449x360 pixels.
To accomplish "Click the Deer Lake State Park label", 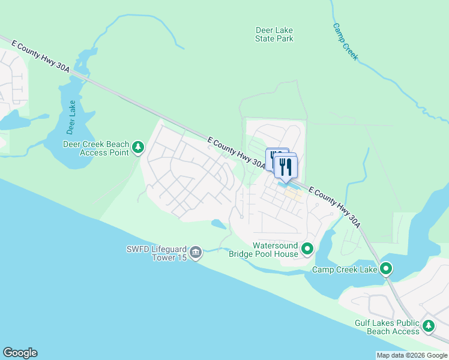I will (274, 34).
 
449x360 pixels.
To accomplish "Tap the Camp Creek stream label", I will (345, 41).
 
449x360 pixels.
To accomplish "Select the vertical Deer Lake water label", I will (72, 116).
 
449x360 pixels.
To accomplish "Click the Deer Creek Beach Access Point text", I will (96, 148).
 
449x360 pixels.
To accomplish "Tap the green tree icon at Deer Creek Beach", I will (138, 148).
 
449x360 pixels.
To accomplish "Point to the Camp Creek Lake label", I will (345, 269).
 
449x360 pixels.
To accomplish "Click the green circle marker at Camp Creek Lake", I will (386, 269).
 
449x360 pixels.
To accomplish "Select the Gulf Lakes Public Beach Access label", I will (387, 327).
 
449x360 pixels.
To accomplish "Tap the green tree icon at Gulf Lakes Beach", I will (428, 326).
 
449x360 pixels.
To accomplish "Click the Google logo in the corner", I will (20, 353).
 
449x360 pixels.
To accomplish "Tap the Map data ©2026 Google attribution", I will (412, 355).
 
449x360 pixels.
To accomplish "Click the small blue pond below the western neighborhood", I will (219, 224).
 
